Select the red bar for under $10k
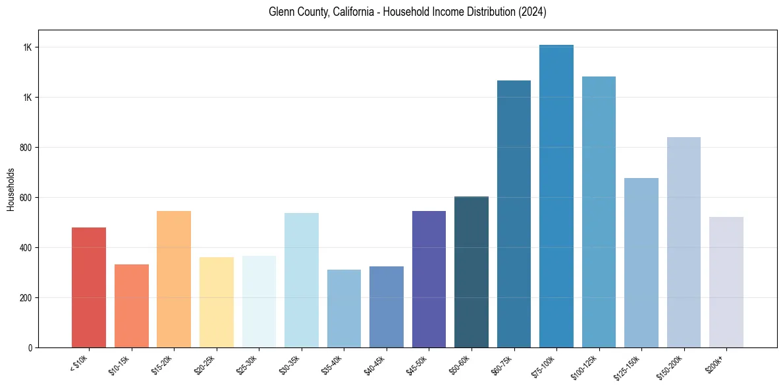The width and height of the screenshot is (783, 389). point(89,287)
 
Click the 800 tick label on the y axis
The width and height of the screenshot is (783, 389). point(27,148)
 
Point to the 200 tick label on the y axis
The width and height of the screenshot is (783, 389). point(27,298)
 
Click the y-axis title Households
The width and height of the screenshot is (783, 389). point(11,189)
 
